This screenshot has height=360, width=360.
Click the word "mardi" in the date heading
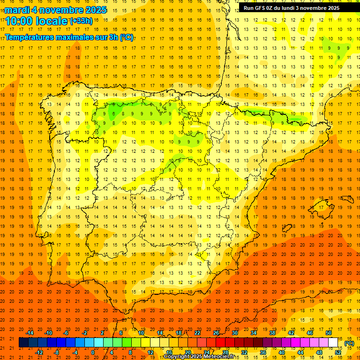tap(17, 10)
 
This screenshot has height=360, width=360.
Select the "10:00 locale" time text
tap(37, 21)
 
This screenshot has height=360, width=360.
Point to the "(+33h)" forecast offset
tap(82, 21)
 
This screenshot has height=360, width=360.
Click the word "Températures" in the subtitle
tap(30, 37)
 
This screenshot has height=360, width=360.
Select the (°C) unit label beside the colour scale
tap(349, 343)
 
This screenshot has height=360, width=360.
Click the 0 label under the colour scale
tap(93, 352)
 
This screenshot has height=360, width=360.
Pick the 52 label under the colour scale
tap(338, 352)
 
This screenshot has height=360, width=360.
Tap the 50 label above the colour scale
tap(329, 333)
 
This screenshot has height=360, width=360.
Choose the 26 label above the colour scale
tap(216, 333)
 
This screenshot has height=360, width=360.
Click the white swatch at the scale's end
tap(333, 343)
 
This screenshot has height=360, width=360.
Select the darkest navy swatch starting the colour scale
tap(23, 343)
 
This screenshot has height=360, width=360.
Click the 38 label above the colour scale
tap(272, 333)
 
